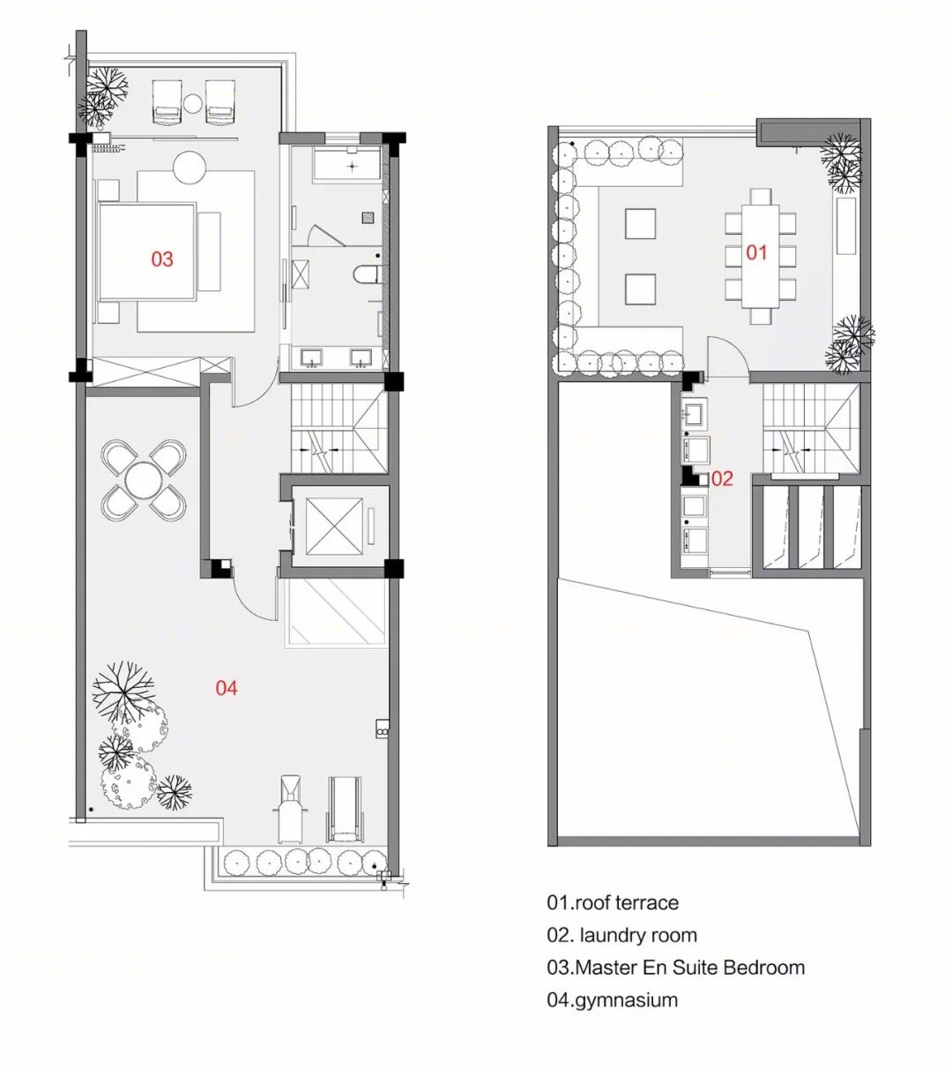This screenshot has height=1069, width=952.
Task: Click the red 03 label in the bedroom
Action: point(162,259)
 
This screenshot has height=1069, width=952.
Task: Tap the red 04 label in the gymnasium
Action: point(227,688)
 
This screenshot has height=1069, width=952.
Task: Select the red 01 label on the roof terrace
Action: point(756,253)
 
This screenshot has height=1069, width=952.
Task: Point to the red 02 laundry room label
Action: point(722,479)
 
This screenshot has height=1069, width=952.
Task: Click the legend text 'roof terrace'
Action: point(627,903)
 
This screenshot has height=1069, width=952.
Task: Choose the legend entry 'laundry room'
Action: point(638,936)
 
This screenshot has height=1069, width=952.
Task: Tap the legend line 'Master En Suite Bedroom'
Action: point(690,968)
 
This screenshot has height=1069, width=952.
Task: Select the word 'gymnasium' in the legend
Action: point(626,1001)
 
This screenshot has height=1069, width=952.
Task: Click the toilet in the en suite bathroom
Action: point(365,275)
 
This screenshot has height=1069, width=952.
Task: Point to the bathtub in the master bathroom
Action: point(346,165)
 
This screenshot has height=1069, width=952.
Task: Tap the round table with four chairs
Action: point(144,480)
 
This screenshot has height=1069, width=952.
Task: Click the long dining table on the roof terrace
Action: point(760,257)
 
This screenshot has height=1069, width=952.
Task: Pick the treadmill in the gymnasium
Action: point(346,808)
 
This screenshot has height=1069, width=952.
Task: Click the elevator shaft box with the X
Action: point(334,526)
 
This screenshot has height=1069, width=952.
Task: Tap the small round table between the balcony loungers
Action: point(193,104)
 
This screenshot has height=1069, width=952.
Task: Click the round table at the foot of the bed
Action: point(190,168)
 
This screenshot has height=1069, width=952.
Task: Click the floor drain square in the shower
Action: point(368,217)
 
